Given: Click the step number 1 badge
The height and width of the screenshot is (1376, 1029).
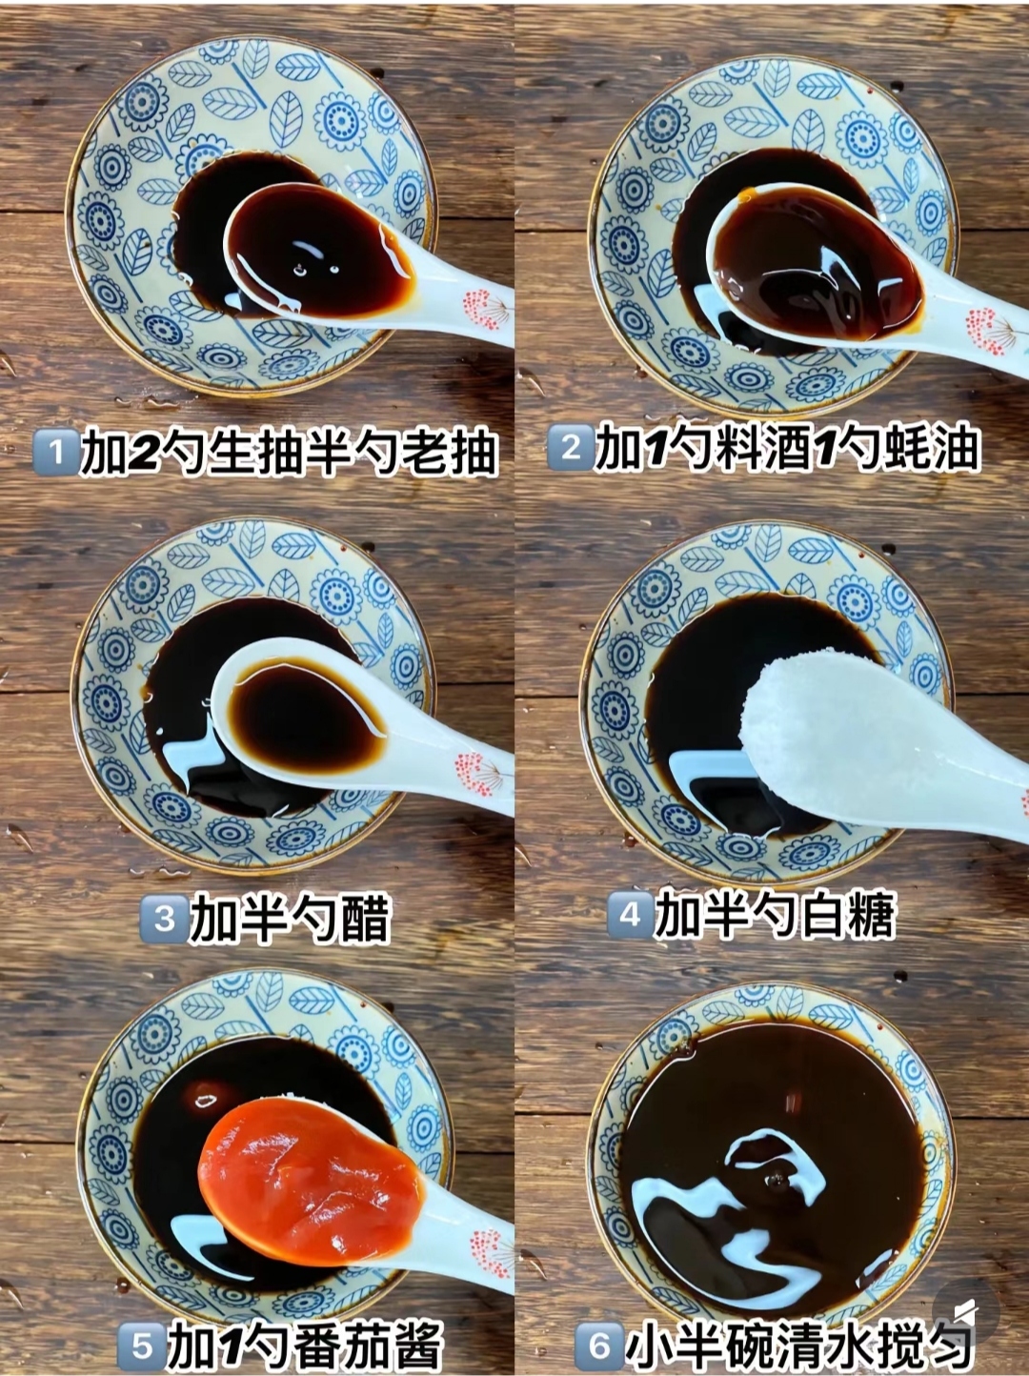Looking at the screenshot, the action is pyautogui.click(x=56, y=451).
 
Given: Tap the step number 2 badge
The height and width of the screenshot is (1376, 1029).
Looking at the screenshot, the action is pyautogui.click(x=570, y=447).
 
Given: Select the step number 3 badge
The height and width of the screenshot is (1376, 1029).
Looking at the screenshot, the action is pyautogui.click(x=164, y=919).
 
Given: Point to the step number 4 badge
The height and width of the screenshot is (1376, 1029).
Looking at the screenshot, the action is pyautogui.click(x=630, y=915).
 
